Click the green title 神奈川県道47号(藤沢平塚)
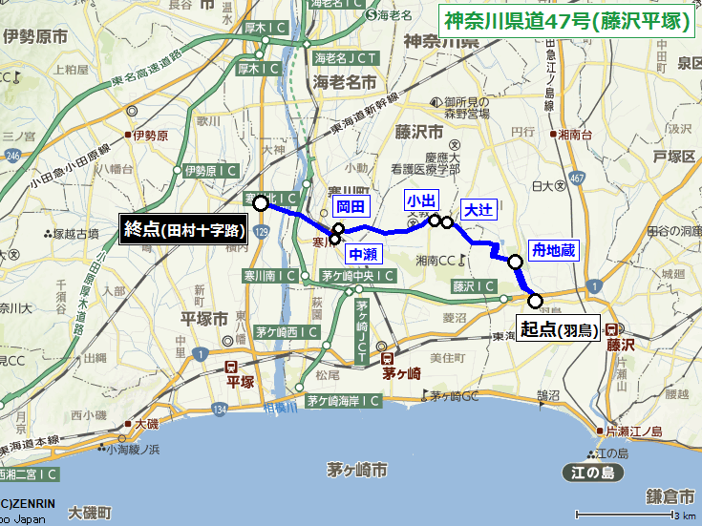567,19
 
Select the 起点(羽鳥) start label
559,330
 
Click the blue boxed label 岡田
351,206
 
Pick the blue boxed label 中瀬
363,254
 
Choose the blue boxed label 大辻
479,210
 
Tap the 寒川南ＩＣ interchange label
271,276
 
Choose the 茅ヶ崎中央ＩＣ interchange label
358,276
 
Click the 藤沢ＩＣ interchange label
474,285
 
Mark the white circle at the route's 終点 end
260,202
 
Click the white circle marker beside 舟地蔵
515,262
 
